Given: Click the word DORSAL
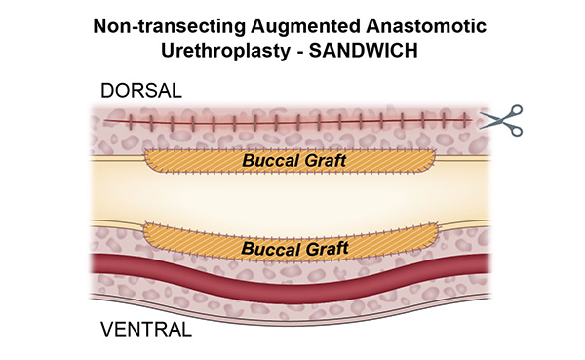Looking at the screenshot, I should pos(142,93).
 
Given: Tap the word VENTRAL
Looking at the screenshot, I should pos(147,329).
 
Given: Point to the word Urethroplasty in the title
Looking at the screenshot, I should pos(229,49).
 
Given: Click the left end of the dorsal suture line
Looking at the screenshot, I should pos(108,120).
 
